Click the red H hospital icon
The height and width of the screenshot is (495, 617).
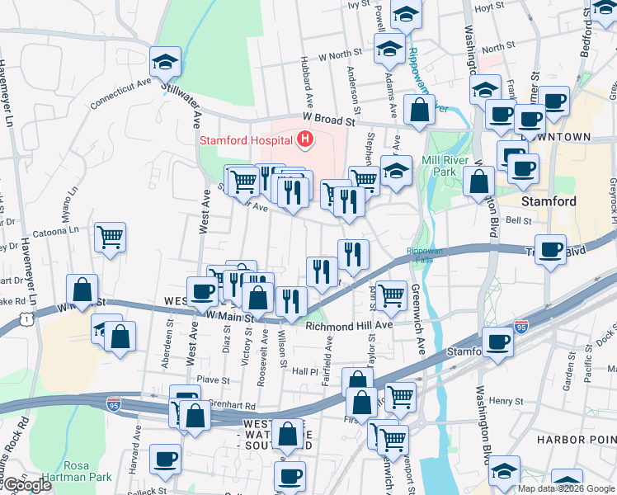[305, 139]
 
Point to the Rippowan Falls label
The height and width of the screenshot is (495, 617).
[424, 256]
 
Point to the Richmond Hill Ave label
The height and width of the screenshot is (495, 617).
[349, 326]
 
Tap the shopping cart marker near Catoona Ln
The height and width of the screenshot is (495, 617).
[110, 238]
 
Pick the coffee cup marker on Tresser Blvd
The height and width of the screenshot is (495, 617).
[550, 249]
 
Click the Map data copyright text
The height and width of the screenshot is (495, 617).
[566, 488]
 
